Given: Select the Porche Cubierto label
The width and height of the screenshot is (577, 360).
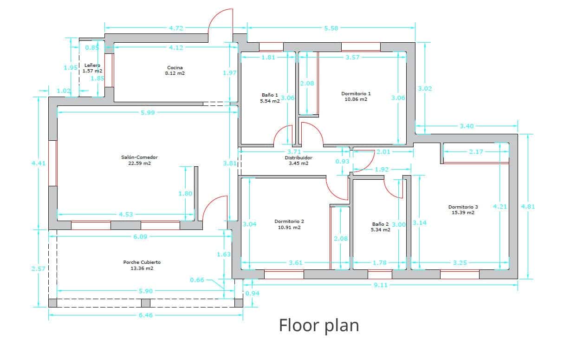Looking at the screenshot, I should tap(142, 262).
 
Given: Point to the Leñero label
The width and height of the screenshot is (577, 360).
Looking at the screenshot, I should tap(92, 65).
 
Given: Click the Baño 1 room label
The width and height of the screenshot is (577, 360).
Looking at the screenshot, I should tap(270, 95).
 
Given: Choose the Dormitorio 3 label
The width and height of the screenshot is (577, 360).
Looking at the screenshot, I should tap(463, 207).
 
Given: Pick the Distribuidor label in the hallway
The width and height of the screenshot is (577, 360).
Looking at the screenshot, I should tap(298, 158).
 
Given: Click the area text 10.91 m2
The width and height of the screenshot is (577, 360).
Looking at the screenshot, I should tap(289, 228).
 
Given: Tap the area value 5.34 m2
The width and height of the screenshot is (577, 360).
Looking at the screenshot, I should tap(380, 229).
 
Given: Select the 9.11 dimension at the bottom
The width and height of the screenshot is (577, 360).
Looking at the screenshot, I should tap(380, 285).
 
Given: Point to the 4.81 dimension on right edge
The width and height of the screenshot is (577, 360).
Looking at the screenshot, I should tap(528, 207).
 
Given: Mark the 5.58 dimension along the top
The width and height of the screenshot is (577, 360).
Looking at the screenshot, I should tap(331, 28).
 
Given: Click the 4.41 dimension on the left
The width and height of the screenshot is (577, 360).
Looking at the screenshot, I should tap(39, 163).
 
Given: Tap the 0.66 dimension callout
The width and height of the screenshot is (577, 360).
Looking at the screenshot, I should tap(197, 280).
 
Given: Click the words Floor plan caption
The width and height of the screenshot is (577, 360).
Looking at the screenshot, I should tap(319, 325).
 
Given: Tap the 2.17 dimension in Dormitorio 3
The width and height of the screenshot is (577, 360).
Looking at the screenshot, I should tap(476, 152).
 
